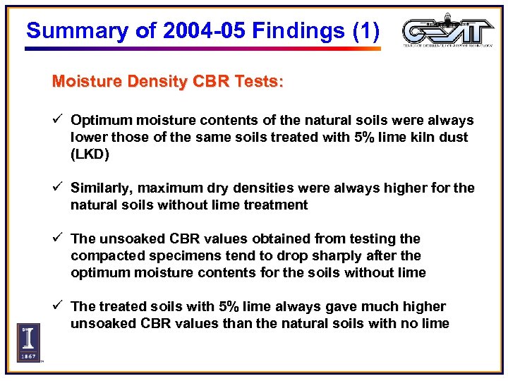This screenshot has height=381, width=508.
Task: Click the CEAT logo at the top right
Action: tap(448, 31)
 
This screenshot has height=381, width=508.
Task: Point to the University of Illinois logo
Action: tap(29, 342)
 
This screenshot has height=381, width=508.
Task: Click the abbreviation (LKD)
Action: tap(90, 154)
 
